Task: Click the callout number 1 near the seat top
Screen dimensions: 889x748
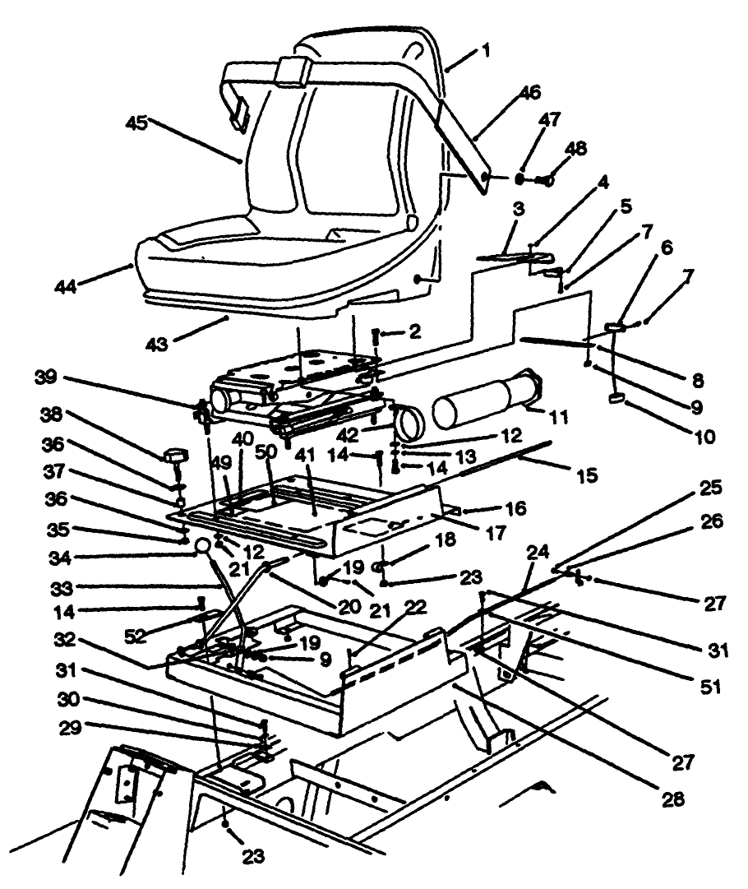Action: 487,50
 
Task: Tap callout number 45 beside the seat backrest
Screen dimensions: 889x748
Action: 137,123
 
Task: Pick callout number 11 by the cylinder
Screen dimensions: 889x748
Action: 560,418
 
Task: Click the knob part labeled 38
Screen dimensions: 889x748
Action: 176,454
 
